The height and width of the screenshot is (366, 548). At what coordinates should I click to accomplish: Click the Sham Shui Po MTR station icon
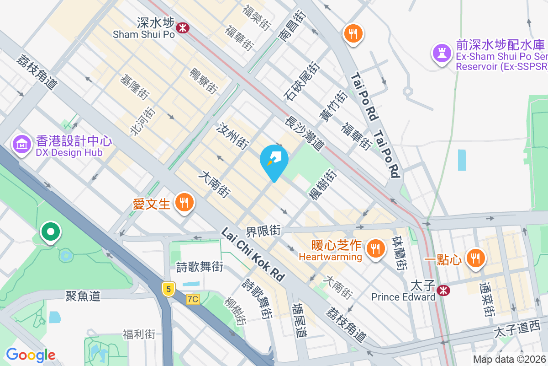click(183, 28)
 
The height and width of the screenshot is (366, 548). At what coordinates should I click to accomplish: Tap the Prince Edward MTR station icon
click(442, 290)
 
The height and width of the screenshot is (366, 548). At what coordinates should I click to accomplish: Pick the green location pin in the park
click(51, 231)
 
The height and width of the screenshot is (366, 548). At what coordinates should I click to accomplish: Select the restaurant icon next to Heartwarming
click(375, 248)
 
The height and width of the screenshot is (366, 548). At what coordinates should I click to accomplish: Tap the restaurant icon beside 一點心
click(475, 258)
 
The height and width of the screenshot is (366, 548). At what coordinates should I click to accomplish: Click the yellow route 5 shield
click(169, 289)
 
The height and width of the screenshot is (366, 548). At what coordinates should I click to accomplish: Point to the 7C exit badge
click(193, 299)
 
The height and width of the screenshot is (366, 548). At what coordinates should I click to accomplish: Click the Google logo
click(31, 355)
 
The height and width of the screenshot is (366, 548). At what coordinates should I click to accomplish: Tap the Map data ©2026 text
click(509, 360)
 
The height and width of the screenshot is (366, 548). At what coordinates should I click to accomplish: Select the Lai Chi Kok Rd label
click(253, 254)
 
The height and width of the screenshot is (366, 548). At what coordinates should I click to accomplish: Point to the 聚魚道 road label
click(83, 296)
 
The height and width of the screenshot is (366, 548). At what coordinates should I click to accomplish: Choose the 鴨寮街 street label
click(203, 81)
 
